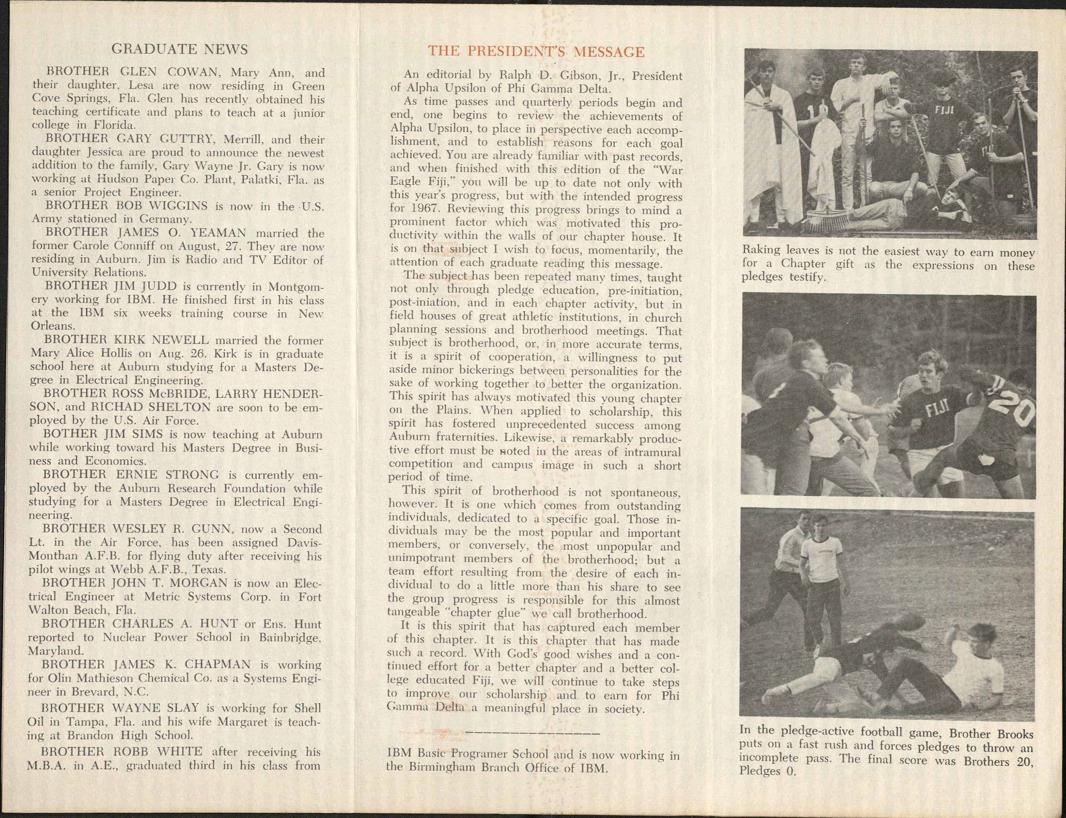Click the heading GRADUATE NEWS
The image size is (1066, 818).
(180, 49)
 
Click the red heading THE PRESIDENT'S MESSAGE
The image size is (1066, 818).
(536, 51)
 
